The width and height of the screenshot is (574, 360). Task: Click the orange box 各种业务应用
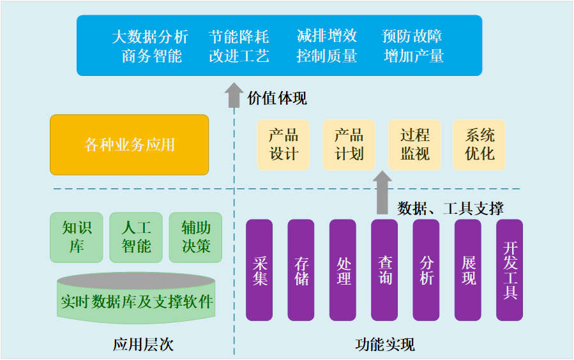pyautogui.click(x=130, y=145)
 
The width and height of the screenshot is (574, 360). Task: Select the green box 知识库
pyautogui.click(x=77, y=237)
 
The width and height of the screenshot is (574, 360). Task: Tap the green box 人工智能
pyautogui.click(x=136, y=237)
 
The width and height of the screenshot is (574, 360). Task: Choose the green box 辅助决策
pyautogui.click(x=195, y=237)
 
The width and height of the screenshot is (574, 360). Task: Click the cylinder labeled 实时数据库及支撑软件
pyautogui.click(x=136, y=299)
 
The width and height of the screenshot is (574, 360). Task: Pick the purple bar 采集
pyautogui.click(x=259, y=270)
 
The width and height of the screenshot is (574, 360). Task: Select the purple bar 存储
pyautogui.click(x=301, y=270)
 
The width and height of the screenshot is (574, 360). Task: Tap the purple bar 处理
pyautogui.click(x=343, y=270)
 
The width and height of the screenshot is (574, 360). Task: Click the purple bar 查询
pyautogui.click(x=384, y=270)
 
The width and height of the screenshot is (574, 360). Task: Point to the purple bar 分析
pyautogui.click(x=426, y=270)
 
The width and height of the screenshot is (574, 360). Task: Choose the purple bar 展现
pyautogui.click(x=468, y=270)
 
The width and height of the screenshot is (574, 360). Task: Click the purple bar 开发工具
pyautogui.click(x=510, y=270)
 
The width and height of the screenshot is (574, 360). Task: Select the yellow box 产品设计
pyautogui.click(x=283, y=145)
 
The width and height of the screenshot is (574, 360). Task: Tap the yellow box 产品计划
pyautogui.click(x=349, y=145)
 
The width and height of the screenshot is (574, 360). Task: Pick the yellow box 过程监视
pyautogui.click(x=414, y=145)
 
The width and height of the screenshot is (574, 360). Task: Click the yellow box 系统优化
pyautogui.click(x=480, y=145)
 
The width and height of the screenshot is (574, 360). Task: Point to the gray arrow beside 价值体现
pyautogui.click(x=234, y=95)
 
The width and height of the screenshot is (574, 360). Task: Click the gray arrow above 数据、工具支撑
pyautogui.click(x=382, y=191)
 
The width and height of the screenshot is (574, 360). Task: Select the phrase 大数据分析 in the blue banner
pyautogui.click(x=150, y=36)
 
